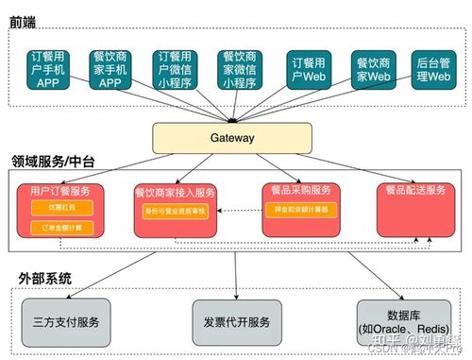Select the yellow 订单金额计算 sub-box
point(53,228)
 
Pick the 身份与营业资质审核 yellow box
point(175,211)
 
